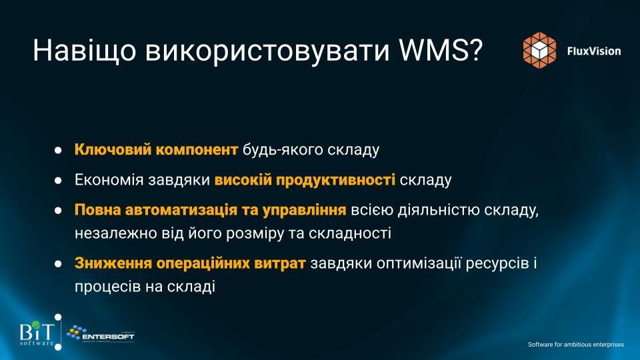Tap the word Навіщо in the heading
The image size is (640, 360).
(x=84, y=51)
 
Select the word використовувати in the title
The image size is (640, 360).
(x=267, y=51)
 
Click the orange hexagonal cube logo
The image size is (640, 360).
(x=539, y=50)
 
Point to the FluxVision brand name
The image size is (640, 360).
(x=594, y=51)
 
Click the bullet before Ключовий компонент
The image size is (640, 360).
(x=58, y=150)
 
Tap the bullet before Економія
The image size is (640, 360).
(x=58, y=180)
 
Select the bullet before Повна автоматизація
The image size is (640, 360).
(x=58, y=210)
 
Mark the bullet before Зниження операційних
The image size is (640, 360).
(x=58, y=264)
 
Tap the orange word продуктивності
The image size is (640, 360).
(x=335, y=180)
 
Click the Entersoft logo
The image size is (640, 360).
(x=101, y=334)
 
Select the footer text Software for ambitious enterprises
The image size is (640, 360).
(x=576, y=345)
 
